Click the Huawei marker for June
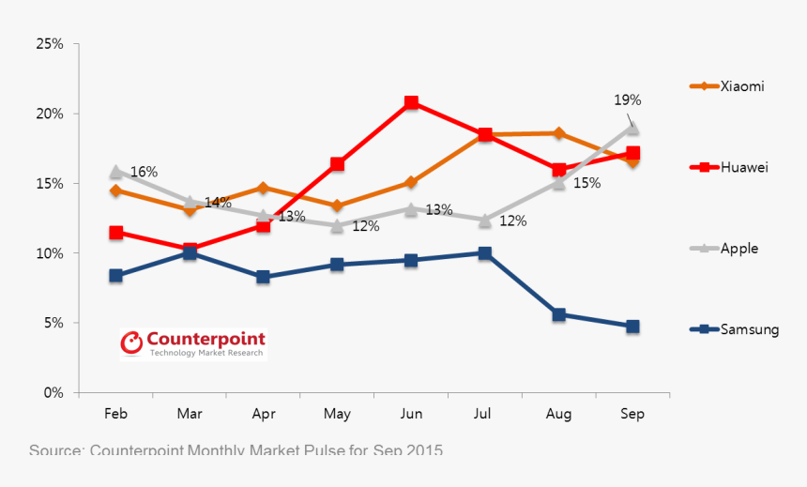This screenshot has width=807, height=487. point(411,102)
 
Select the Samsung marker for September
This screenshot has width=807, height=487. point(632,327)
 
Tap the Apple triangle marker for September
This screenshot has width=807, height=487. point(632,127)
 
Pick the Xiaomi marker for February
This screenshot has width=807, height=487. point(115,190)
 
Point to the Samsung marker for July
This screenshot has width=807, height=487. point(485,253)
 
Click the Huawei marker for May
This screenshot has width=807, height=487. point(337,164)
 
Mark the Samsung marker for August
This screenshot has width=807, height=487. point(559,314)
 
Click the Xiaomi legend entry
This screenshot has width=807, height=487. point(728,86)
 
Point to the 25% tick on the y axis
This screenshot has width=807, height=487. point(49,44)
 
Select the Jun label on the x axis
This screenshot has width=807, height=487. point(411,414)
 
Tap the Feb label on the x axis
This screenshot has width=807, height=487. point(115,414)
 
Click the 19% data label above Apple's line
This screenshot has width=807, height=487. point(628,99)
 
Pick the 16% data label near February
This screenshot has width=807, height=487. point(144,172)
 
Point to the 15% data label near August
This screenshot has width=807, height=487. point(586,183)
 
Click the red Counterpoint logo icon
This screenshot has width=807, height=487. point(132,343)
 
